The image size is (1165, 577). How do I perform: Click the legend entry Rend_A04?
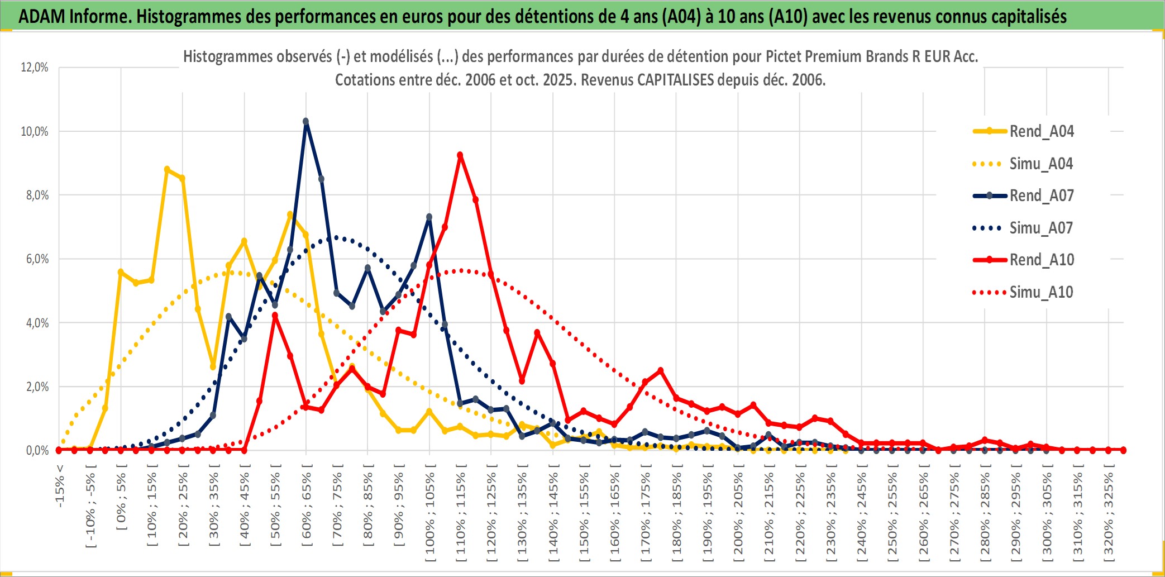coord(1041,131)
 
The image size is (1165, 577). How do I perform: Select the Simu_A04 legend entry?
coord(1041,164)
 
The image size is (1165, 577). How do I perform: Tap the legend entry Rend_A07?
coord(1041,195)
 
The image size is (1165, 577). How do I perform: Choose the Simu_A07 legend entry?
coord(1041,228)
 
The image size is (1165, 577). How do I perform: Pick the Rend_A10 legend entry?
coord(1041,260)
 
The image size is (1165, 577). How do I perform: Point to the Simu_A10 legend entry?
coord(1041,292)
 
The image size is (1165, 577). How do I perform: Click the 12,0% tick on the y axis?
coord(35,68)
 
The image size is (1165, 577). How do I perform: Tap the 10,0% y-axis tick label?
coord(35,132)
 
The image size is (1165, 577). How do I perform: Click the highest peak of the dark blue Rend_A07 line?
coord(305,121)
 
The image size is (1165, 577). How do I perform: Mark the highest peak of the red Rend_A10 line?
coord(460,155)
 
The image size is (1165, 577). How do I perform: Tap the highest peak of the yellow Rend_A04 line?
coord(167,169)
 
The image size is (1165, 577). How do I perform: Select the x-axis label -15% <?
coord(60,486)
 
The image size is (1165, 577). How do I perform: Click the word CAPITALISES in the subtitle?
coord(675,80)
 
